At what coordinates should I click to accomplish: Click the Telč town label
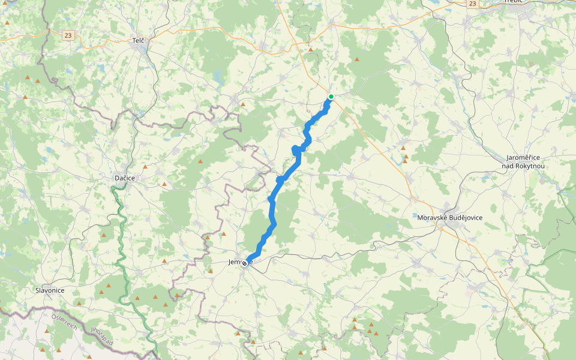pyautogui.click(x=139, y=41)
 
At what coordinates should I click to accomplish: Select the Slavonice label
pyautogui.click(x=50, y=290)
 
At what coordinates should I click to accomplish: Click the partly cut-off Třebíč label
pyautogui.click(x=514, y=2)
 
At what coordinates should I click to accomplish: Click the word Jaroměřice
pyautogui.click(x=525, y=157)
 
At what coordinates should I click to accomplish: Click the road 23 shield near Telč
pyautogui.click(x=68, y=35)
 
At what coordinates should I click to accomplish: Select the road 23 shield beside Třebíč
pyautogui.click(x=473, y=4)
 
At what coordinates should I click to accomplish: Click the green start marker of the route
pyautogui.click(x=331, y=97)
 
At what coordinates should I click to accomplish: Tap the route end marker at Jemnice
pyautogui.click(x=245, y=263)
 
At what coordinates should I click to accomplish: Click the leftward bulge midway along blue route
pyautogui.click(x=294, y=149)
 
